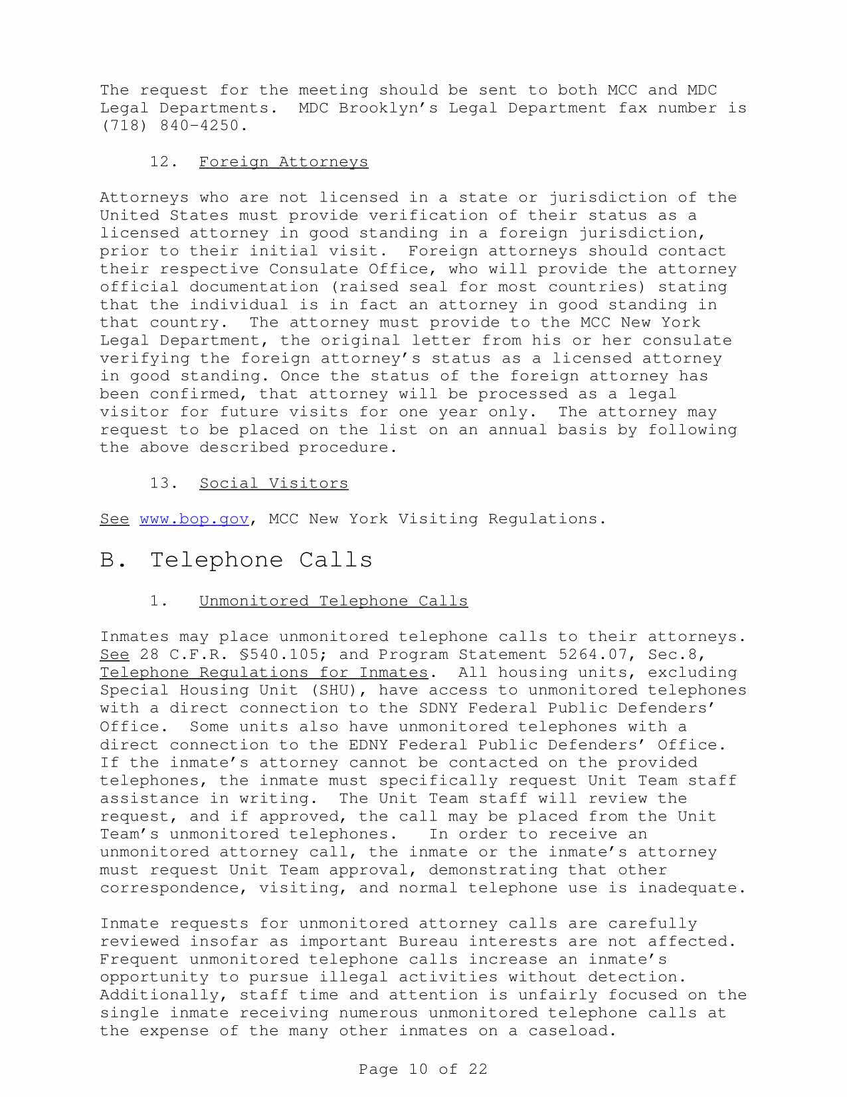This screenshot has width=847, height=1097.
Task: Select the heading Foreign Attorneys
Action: [283, 162]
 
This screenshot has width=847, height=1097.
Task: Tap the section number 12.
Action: [163, 162]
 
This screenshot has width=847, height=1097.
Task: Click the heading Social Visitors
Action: [273, 483]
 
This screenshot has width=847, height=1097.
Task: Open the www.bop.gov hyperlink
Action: [194, 519]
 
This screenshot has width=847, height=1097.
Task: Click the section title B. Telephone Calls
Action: [236, 560]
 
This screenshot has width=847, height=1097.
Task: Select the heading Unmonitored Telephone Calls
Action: [333, 601]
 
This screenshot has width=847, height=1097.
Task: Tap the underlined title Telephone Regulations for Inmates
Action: [264, 673]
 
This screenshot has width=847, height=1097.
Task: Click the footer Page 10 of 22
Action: [423, 1070]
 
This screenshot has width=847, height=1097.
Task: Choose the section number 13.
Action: [163, 483]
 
